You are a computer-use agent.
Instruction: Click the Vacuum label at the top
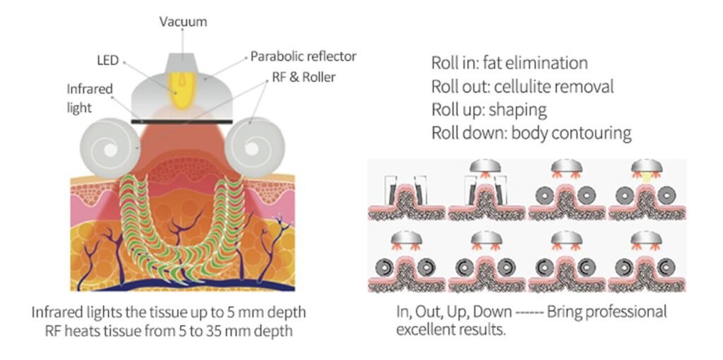point(183,22)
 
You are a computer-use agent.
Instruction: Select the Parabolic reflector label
point(304,56)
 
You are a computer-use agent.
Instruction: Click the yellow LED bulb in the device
point(183,92)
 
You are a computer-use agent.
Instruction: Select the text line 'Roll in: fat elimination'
point(509,63)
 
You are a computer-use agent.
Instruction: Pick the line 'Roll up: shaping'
point(489,110)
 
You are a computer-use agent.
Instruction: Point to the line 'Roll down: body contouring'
point(531,133)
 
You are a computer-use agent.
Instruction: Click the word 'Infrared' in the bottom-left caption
point(58,312)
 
